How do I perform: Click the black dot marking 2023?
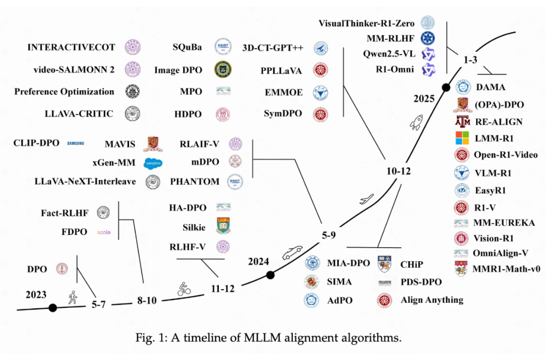point(52,307)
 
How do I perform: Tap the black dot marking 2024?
point(270,275)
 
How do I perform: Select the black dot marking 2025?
point(446,88)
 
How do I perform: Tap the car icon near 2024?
point(292,252)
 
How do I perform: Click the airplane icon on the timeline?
point(366,198)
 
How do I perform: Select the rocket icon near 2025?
point(418,122)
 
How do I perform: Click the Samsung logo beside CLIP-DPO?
point(75,144)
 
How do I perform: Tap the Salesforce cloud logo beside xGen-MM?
point(152,163)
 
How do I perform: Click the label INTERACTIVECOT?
point(71,48)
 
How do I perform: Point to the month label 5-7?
point(101,305)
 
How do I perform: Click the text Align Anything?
point(432,300)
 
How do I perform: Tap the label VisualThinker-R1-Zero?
point(367,23)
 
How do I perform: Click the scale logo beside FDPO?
point(103,232)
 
